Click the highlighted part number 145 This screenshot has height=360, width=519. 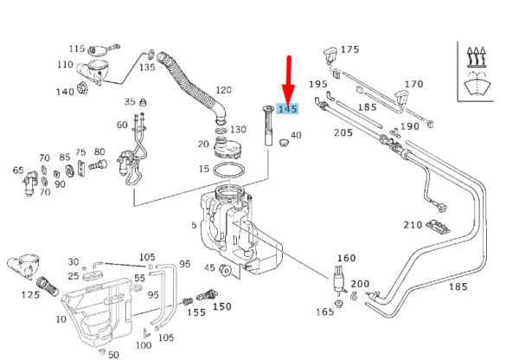288,109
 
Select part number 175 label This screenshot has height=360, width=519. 349,49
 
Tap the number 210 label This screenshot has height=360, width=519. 413,225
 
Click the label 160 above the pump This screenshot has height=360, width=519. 346,258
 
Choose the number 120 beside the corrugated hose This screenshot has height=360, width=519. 223,90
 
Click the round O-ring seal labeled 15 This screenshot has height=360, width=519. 229,170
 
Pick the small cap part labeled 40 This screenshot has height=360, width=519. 284,143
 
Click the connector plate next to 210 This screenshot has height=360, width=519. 438,227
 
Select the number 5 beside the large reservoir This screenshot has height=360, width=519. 194,225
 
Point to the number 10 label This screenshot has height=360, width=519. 61,319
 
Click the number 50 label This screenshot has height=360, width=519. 113,355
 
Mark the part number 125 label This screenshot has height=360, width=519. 30,294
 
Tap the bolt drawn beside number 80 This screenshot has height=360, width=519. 98,164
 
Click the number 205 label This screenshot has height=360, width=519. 343,132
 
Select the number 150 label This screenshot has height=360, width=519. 221,306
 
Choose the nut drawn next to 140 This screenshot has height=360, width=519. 82,88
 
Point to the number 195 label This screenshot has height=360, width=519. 318,84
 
